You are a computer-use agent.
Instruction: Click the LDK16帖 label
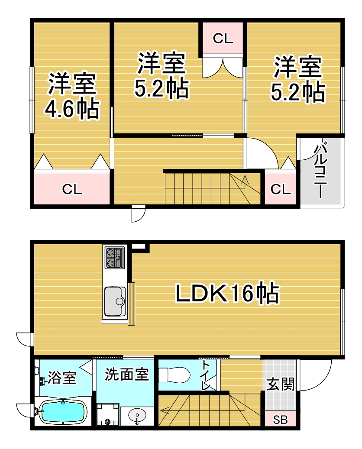pos(227,293)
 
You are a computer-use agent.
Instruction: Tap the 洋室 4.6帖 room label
pos(72,96)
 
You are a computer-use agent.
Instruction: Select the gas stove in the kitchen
pos(115,258)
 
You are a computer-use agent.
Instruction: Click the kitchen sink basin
pos(115,301)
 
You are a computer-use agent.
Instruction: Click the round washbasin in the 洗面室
pos(137,415)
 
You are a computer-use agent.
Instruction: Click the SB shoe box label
pos(280,420)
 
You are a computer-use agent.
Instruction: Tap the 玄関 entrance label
pos(281,384)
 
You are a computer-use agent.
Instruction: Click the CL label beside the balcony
pos(281,189)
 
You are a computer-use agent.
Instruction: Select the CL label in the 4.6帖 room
pos(72,189)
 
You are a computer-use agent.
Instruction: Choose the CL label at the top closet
pos(223,39)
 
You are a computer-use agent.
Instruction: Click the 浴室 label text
pos(62,378)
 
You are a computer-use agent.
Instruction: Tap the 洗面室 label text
pos(127,375)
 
